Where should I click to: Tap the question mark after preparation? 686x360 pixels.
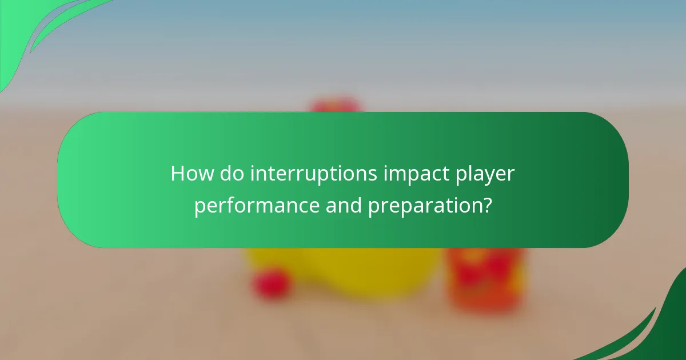click(x=486, y=205)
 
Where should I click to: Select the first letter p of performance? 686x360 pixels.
click(x=200, y=207)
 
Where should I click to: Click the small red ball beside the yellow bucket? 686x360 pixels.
click(x=272, y=283)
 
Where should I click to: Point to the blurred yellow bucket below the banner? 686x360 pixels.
click(x=343, y=271)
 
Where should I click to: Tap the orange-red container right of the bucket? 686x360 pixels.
click(x=486, y=280)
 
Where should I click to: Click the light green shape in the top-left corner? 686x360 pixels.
click(x=29, y=29)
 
